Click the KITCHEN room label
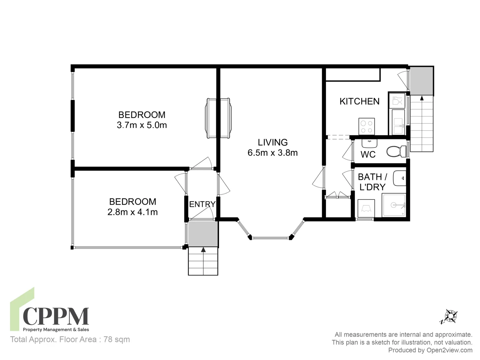359,101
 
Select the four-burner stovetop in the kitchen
367,127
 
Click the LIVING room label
272,142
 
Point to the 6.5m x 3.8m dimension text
272,153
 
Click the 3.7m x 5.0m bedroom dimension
142,125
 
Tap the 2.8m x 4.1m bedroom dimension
133,212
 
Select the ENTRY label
202,204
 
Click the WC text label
368,155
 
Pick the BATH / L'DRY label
372,182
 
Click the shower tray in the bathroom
394,205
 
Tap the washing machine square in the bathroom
366,208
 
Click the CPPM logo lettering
56,316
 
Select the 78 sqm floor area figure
117,339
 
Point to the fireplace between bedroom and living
218,118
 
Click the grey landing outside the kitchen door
422,81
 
